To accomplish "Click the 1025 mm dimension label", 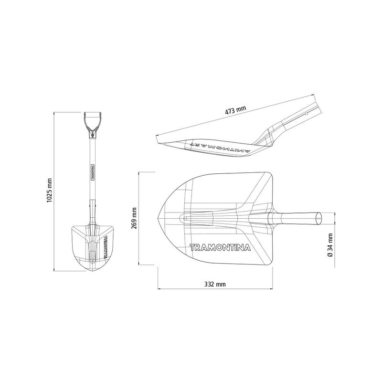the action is (x=50, y=191).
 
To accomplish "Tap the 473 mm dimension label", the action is (x=235, y=110).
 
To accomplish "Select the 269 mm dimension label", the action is (x=134, y=218).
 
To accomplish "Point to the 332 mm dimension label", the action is (x=215, y=284).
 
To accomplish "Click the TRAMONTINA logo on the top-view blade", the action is (x=220, y=247).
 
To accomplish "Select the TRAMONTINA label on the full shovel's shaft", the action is (x=93, y=172).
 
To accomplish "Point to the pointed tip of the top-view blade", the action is (x=158, y=218).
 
